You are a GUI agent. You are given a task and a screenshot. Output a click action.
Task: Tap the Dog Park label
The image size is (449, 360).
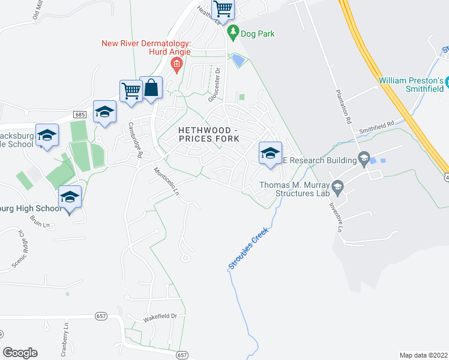pyautogui.click(x=258, y=34)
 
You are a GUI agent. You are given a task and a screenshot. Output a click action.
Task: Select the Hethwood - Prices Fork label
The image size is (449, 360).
pyautogui.click(x=208, y=134)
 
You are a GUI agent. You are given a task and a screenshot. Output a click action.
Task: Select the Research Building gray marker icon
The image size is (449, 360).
pyautogui.click(x=363, y=159)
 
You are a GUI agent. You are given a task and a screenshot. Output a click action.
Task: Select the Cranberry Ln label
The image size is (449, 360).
pyautogui.click(x=65, y=331)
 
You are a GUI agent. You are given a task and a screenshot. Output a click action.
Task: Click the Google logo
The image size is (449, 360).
pyautogui.click(x=20, y=353)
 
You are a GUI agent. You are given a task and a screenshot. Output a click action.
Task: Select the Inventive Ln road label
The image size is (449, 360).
pyautogui.click(x=336, y=216)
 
